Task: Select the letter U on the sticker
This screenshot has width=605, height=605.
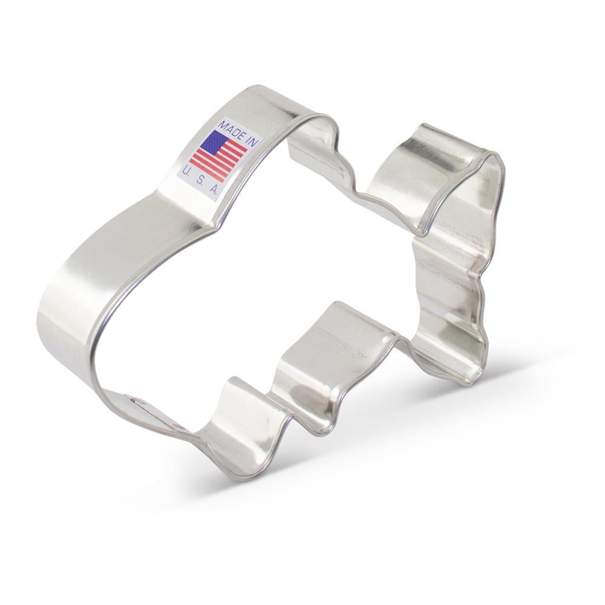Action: click(186, 170)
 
